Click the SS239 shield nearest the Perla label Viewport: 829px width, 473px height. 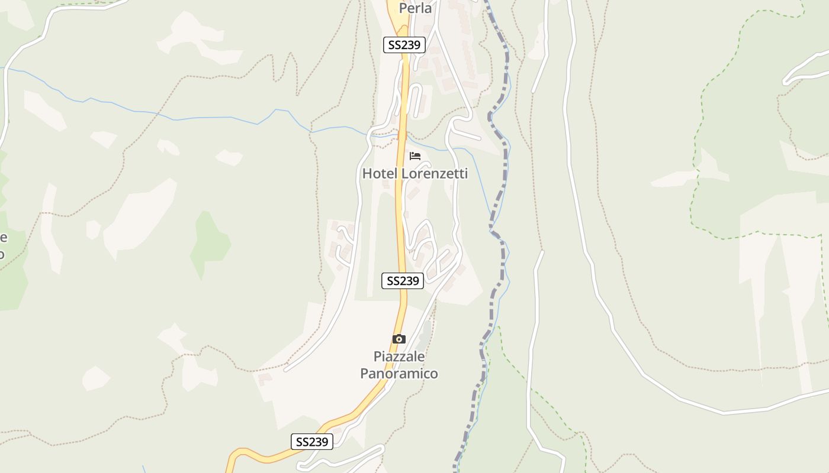click(404, 45)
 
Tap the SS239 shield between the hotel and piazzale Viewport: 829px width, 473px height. click(403, 281)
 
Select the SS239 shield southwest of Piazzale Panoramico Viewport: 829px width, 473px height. click(312, 442)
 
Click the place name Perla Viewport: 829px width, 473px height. click(415, 8)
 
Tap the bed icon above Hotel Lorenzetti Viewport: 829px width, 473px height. click(415, 156)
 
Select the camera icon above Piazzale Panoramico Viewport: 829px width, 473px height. click(399, 339)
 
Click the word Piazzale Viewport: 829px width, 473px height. click(399, 357)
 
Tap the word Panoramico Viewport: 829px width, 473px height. click(399, 374)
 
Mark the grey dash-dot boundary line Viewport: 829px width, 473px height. click(504, 177)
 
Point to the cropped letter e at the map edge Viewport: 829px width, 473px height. click(3, 238)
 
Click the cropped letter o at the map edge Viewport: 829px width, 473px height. click(2, 254)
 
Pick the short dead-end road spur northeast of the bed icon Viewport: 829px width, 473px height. click(468, 135)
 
